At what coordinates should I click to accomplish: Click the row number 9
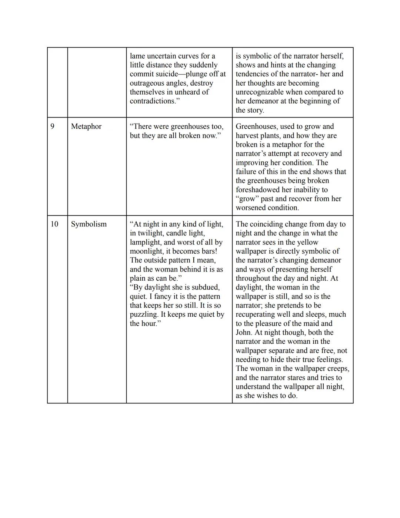[52, 126]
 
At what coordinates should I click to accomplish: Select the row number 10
[54, 224]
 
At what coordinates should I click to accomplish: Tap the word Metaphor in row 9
[86, 126]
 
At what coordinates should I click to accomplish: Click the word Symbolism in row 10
[89, 224]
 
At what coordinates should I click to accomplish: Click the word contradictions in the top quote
[152, 101]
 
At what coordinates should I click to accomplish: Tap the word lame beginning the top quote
[137, 56]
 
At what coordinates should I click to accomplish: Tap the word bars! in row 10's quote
[206, 251]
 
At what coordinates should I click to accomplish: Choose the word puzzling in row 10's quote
[144, 314]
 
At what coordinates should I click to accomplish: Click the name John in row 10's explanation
[244, 333]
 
